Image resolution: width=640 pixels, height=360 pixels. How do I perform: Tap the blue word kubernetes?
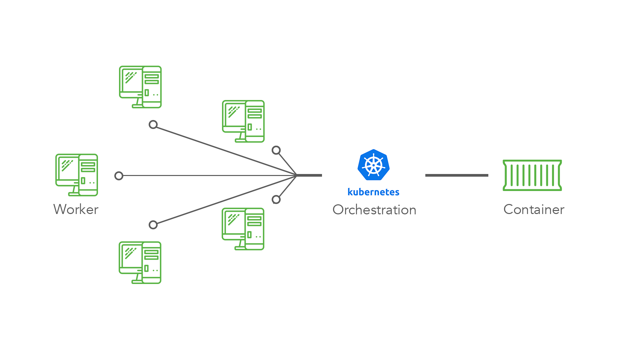point(373,192)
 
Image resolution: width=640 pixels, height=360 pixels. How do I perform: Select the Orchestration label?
point(374,210)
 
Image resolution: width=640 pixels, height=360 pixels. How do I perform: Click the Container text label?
point(534,209)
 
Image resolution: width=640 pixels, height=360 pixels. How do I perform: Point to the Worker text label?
point(76,209)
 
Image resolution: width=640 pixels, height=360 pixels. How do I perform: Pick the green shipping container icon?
point(532,175)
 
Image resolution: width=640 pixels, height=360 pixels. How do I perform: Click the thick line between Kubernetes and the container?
point(457,175)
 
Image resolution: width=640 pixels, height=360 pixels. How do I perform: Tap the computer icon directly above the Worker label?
point(76,175)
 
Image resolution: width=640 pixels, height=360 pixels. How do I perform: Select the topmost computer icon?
point(140,87)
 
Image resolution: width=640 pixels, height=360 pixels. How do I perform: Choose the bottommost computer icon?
point(140,263)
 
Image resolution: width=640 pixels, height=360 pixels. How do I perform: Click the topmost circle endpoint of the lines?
point(153,125)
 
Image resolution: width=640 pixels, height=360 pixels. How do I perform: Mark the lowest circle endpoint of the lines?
point(153,225)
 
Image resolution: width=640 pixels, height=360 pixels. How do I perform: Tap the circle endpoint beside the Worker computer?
point(119,176)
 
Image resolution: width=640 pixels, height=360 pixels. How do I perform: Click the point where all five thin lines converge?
point(296,175)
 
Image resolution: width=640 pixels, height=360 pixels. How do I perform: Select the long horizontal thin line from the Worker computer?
point(207,175)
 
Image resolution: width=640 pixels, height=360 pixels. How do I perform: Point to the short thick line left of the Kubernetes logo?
point(309,175)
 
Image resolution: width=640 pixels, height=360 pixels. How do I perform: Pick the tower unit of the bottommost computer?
point(152,263)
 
